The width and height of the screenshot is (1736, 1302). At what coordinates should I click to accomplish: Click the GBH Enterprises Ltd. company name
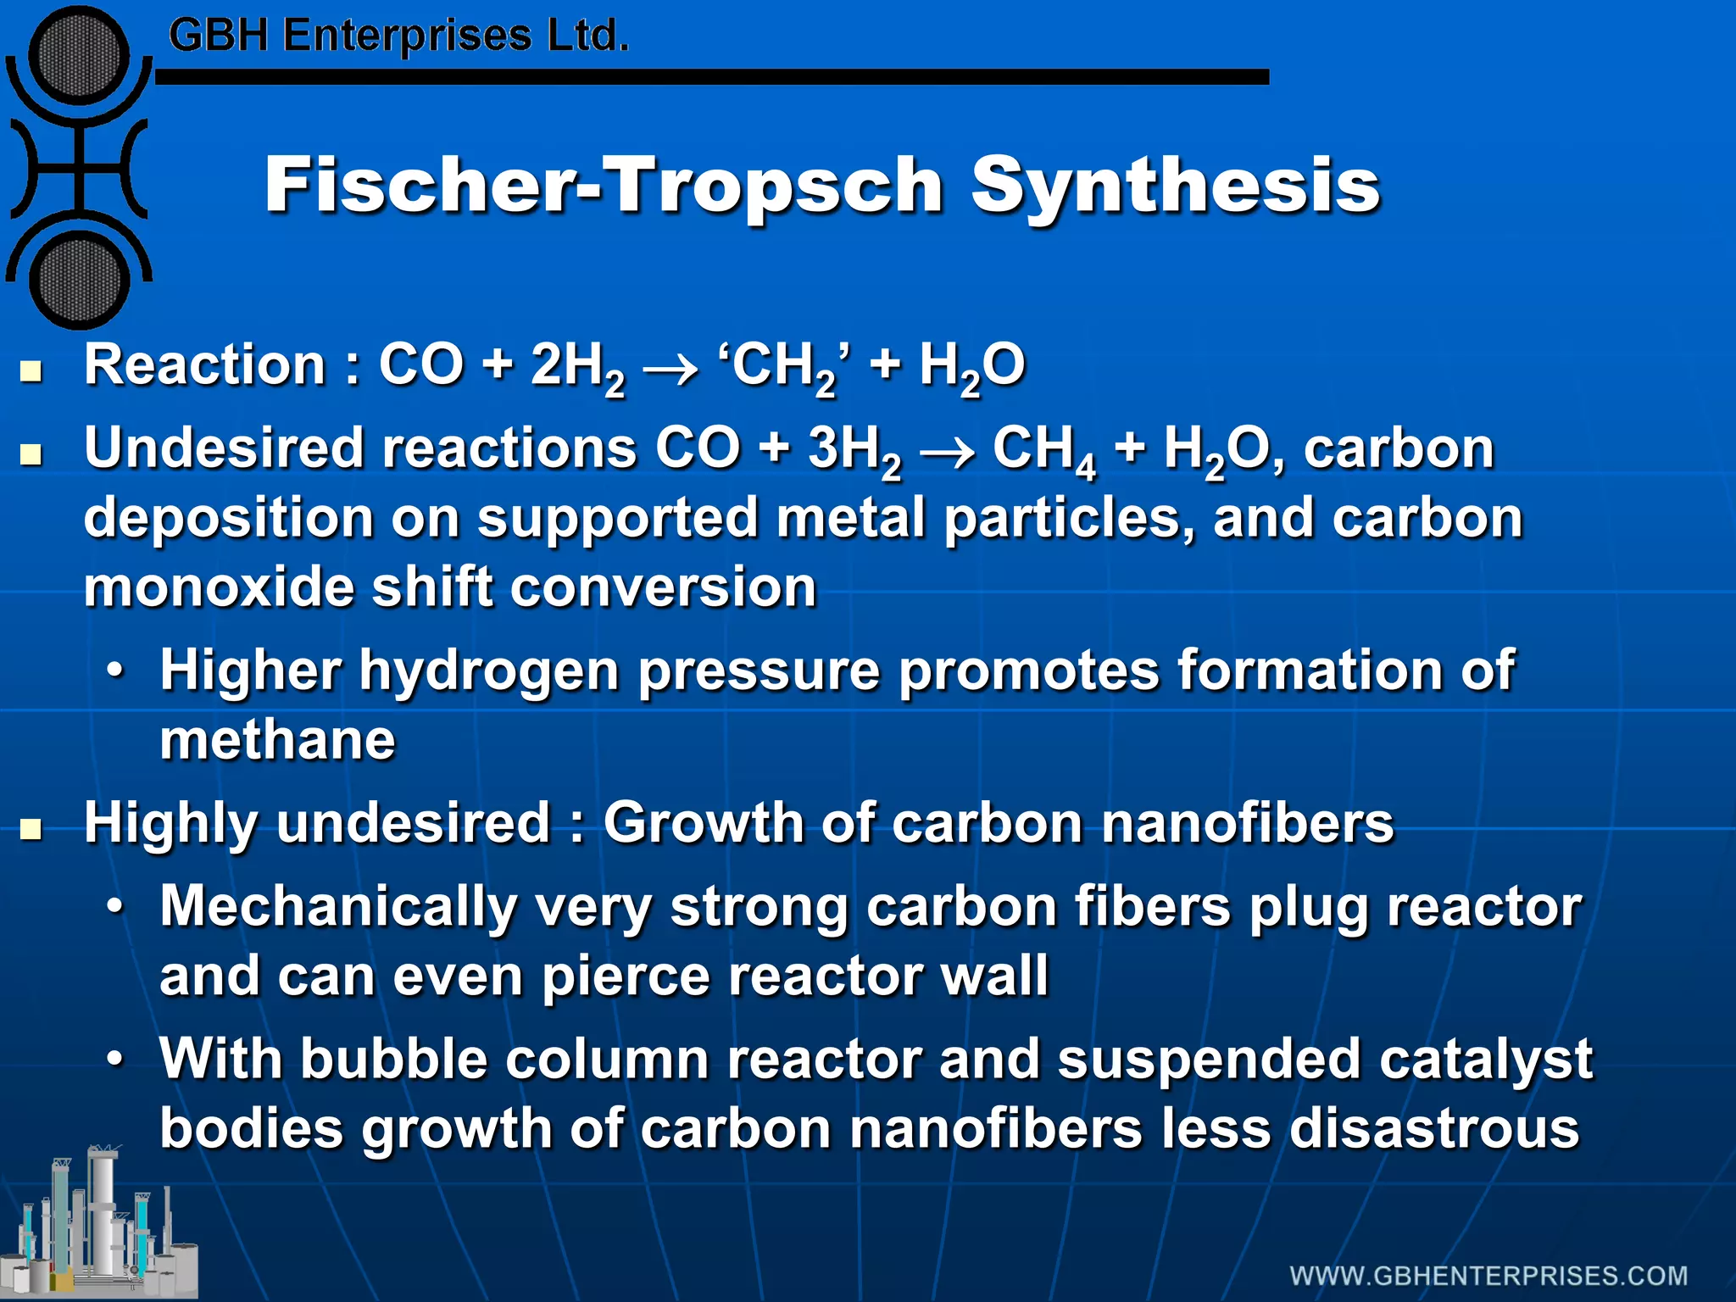click(398, 36)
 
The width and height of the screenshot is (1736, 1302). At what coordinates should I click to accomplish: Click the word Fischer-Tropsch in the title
click(604, 185)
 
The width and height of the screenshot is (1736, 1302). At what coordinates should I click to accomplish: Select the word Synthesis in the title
click(1176, 185)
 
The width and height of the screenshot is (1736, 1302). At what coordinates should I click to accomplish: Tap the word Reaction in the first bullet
click(204, 365)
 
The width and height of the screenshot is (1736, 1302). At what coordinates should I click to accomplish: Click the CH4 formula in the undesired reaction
click(1044, 450)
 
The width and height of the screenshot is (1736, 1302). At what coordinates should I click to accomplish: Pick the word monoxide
click(219, 587)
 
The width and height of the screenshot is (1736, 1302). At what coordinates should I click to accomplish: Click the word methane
click(277, 740)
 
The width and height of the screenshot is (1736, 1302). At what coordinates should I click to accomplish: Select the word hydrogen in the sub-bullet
click(490, 671)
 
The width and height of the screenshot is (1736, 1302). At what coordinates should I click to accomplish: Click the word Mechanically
click(338, 906)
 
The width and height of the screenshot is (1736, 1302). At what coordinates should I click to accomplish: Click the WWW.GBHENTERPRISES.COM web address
click(1488, 1276)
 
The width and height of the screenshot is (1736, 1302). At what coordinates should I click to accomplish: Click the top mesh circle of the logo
click(79, 56)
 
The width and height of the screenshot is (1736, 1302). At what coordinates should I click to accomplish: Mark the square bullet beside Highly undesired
click(32, 828)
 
